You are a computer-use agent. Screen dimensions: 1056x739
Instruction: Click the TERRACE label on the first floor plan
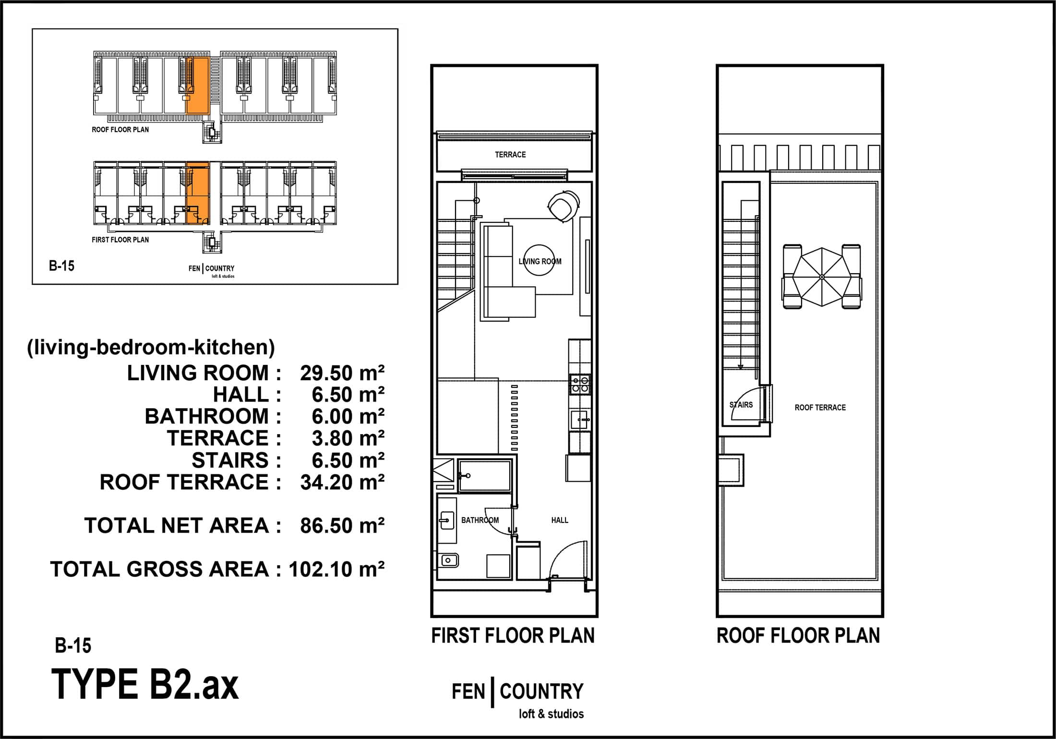510,155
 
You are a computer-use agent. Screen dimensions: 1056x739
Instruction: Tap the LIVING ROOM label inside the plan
540,262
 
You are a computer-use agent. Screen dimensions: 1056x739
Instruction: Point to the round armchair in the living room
563,206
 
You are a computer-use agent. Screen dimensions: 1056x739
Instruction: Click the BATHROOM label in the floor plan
480,520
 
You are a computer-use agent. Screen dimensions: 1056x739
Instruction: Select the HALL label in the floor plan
560,520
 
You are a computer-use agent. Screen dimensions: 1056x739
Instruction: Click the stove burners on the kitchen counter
580,385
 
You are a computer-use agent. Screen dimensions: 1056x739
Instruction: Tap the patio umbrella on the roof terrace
821,277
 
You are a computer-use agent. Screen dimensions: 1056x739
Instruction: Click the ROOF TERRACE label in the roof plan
820,408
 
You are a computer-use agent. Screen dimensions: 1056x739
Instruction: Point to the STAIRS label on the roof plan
741,405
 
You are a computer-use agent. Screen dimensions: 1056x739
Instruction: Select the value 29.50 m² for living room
342,373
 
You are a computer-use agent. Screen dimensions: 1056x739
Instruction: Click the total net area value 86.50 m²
342,526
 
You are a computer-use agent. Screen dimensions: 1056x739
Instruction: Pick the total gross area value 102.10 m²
336,569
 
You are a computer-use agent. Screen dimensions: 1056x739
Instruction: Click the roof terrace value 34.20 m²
342,483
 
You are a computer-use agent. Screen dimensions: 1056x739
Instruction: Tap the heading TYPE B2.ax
144,685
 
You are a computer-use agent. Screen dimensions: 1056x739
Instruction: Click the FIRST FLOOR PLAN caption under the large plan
513,636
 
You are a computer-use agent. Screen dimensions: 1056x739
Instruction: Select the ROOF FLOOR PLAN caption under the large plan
798,636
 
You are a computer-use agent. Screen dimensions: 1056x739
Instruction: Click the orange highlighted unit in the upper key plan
197,85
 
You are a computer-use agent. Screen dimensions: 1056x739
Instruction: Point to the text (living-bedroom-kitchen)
151,347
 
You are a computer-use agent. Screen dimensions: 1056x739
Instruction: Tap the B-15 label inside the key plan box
61,266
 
